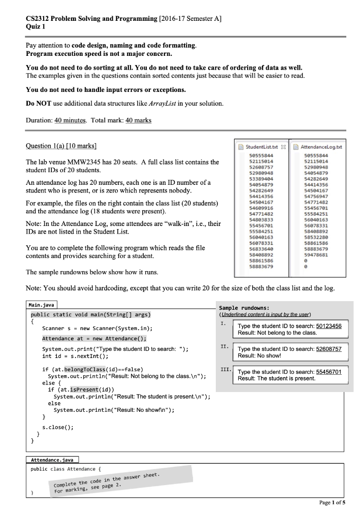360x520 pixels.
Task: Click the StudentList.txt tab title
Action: [x=260, y=147]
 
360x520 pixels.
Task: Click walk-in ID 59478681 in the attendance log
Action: [x=312, y=255]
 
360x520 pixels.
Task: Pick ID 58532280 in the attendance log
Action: [x=312, y=236]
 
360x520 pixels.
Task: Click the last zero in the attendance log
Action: [x=303, y=267]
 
